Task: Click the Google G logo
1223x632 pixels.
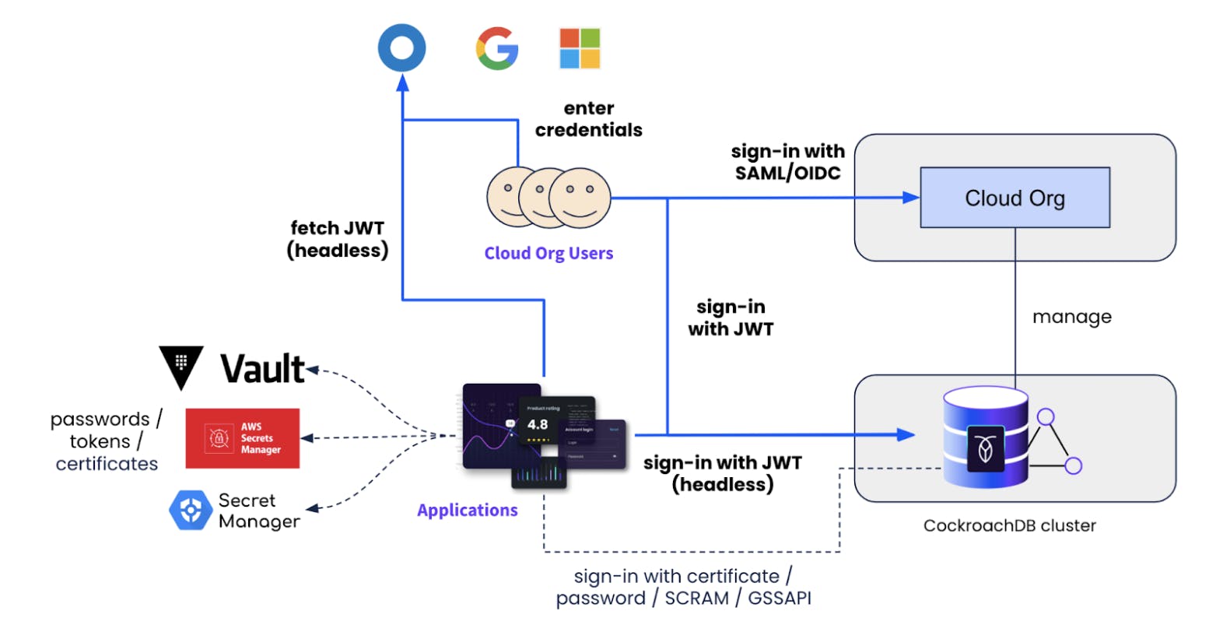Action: click(x=497, y=48)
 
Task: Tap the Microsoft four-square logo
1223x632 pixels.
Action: click(x=580, y=48)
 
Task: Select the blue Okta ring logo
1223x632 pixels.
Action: click(x=402, y=47)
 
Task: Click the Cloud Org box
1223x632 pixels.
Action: click(x=1014, y=198)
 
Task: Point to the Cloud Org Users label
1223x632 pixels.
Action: click(x=548, y=253)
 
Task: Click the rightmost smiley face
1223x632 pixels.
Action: click(x=580, y=198)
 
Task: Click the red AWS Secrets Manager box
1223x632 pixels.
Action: click(x=242, y=438)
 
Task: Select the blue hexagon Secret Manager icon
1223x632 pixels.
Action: click(x=190, y=511)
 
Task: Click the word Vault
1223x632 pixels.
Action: click(x=263, y=369)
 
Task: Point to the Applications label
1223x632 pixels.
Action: click(x=467, y=510)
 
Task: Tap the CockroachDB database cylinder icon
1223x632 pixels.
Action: click(x=985, y=440)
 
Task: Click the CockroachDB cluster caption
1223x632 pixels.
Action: click(x=1009, y=525)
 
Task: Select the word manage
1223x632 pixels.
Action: click(x=1071, y=317)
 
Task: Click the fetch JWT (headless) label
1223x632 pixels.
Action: click(x=338, y=239)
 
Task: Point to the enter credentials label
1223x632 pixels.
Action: click(x=588, y=119)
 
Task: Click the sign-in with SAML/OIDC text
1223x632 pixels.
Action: click(x=787, y=162)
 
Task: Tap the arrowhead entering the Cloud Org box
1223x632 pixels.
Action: click(x=910, y=198)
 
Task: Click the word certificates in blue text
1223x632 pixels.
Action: click(x=107, y=464)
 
